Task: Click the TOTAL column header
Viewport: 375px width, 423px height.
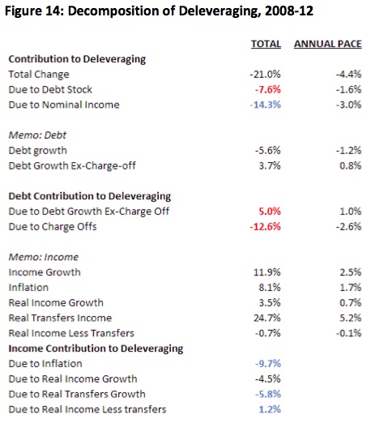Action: tap(266, 44)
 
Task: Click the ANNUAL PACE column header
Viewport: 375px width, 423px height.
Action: tap(328, 44)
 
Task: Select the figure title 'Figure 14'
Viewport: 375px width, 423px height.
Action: tap(34, 11)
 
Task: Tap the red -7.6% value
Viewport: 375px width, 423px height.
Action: tap(268, 89)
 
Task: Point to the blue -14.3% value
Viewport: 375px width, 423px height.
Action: tap(266, 105)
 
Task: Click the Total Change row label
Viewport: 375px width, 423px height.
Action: tap(39, 75)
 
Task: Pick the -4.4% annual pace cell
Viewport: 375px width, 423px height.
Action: tap(348, 74)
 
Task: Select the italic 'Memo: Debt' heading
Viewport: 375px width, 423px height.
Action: tap(37, 135)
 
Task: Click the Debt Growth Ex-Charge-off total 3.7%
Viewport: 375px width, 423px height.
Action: tap(270, 165)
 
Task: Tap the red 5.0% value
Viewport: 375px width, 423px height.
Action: tap(270, 211)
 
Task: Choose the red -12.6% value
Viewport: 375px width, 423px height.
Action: tap(266, 226)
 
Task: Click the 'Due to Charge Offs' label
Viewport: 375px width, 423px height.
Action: tap(53, 227)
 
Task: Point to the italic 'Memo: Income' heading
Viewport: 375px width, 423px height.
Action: tap(44, 257)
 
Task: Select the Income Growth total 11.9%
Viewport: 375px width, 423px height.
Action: tap(267, 272)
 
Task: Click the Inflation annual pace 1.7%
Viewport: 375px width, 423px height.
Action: tap(351, 288)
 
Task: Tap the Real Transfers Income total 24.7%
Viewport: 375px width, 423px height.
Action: tap(267, 318)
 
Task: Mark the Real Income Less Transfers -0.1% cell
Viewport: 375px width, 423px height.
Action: tap(348, 333)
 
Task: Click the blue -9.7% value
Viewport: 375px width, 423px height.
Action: tap(268, 364)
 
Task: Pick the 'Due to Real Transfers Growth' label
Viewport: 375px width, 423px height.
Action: tap(77, 394)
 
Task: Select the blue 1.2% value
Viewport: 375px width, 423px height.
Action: tap(270, 409)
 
